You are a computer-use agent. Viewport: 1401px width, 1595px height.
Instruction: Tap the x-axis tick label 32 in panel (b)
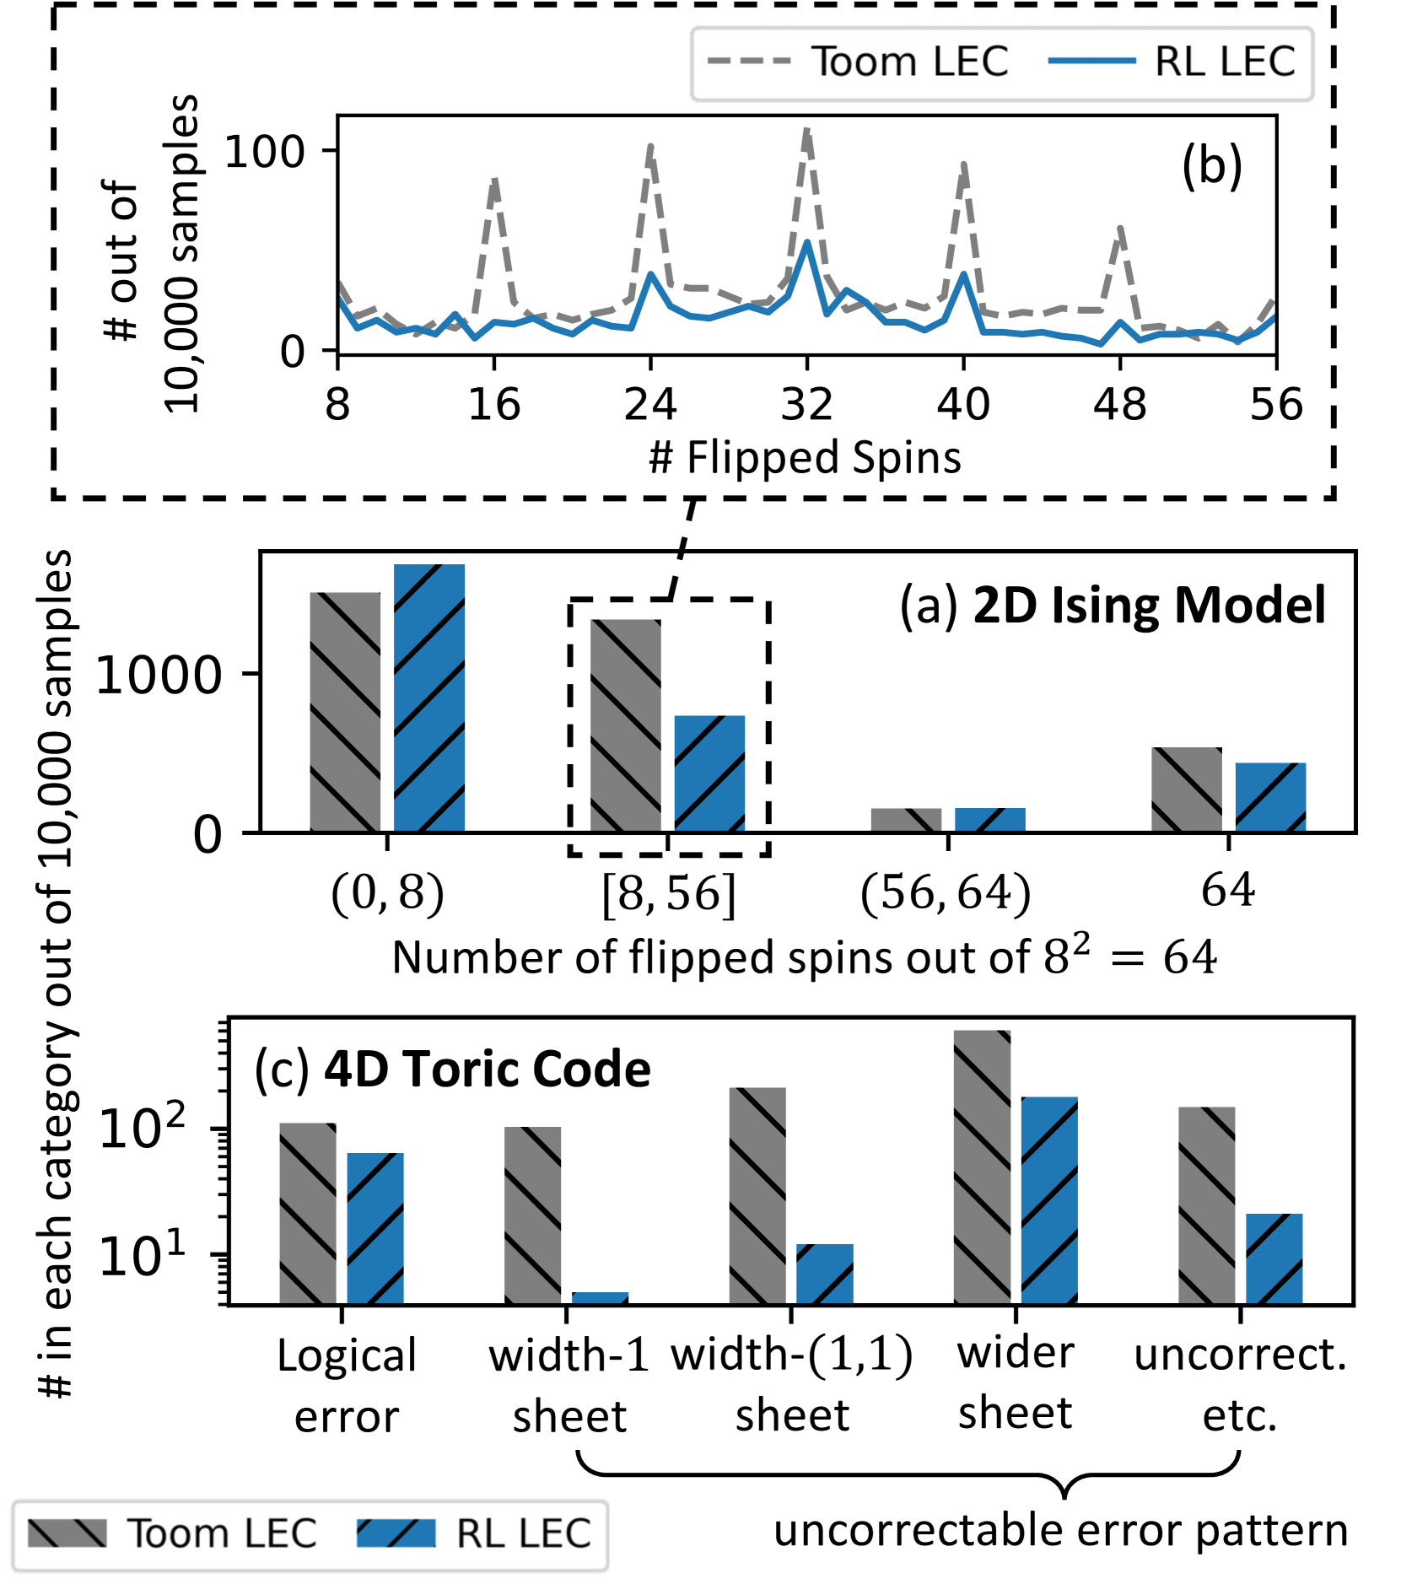pyautogui.click(x=806, y=405)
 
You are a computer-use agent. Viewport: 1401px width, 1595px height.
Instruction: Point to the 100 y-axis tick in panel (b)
pyautogui.click(x=264, y=153)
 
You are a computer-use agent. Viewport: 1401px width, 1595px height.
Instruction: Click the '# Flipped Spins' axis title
pyautogui.click(x=805, y=458)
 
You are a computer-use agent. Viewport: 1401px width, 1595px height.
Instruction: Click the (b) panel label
pyautogui.click(x=1211, y=165)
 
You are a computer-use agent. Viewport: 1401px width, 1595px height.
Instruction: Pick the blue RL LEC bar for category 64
pyautogui.click(x=1270, y=797)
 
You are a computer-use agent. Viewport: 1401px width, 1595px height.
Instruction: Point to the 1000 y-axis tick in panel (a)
pyautogui.click(x=159, y=675)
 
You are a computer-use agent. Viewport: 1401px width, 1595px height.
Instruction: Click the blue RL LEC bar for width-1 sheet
pyautogui.click(x=600, y=1298)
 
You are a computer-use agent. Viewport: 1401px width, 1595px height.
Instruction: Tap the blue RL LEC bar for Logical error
pyautogui.click(x=375, y=1227)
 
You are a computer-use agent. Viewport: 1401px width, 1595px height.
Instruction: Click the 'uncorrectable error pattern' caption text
pyautogui.click(x=1060, y=1531)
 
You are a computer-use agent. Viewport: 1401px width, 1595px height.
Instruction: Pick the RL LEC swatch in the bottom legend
pyautogui.click(x=396, y=1533)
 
